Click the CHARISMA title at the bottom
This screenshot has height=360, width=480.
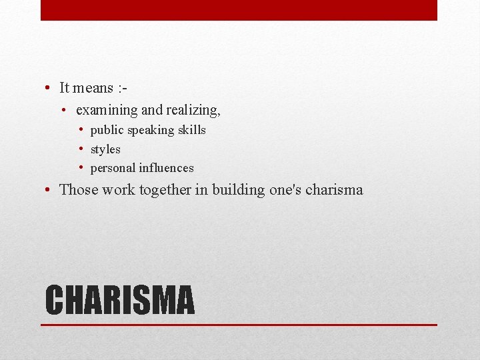pyautogui.click(x=120, y=300)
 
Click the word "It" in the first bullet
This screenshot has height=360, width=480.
pyautogui.click(x=65, y=87)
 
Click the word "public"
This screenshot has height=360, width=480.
pyautogui.click(x=107, y=130)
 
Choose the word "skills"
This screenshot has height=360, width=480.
pyautogui.click(x=191, y=129)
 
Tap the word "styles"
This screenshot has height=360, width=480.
pyautogui.click(x=105, y=149)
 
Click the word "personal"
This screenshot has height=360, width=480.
pyautogui.click(x=113, y=169)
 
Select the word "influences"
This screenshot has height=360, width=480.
pyautogui.click(x=166, y=168)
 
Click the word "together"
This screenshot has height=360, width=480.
pyautogui.click(x=165, y=189)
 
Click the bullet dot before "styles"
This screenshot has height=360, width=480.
pyautogui.click(x=80, y=149)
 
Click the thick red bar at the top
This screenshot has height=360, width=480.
pyautogui.click(x=239, y=10)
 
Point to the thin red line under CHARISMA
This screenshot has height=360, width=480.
pyautogui.click(x=239, y=325)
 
